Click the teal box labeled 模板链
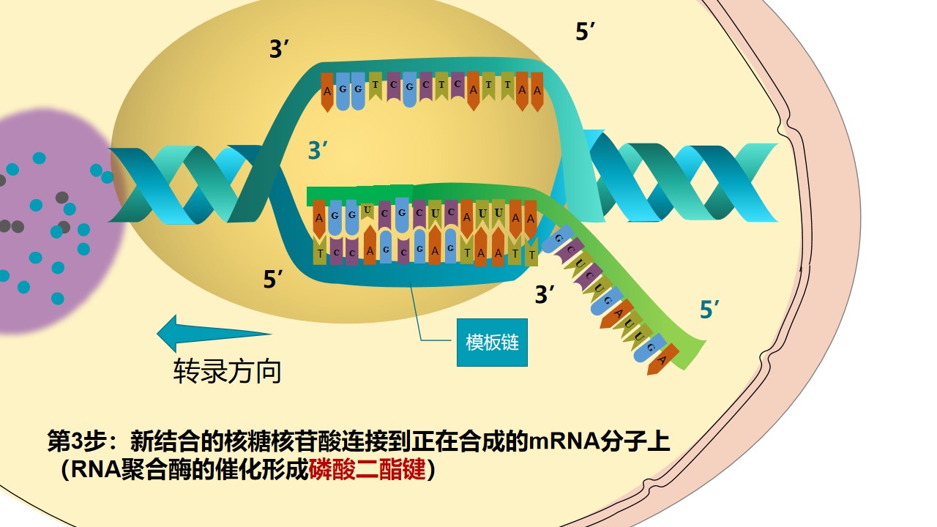492,342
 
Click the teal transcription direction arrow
212,333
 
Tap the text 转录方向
227,371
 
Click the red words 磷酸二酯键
367,469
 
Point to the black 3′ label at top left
280,50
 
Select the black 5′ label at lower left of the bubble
274,279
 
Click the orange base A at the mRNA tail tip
661,360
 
